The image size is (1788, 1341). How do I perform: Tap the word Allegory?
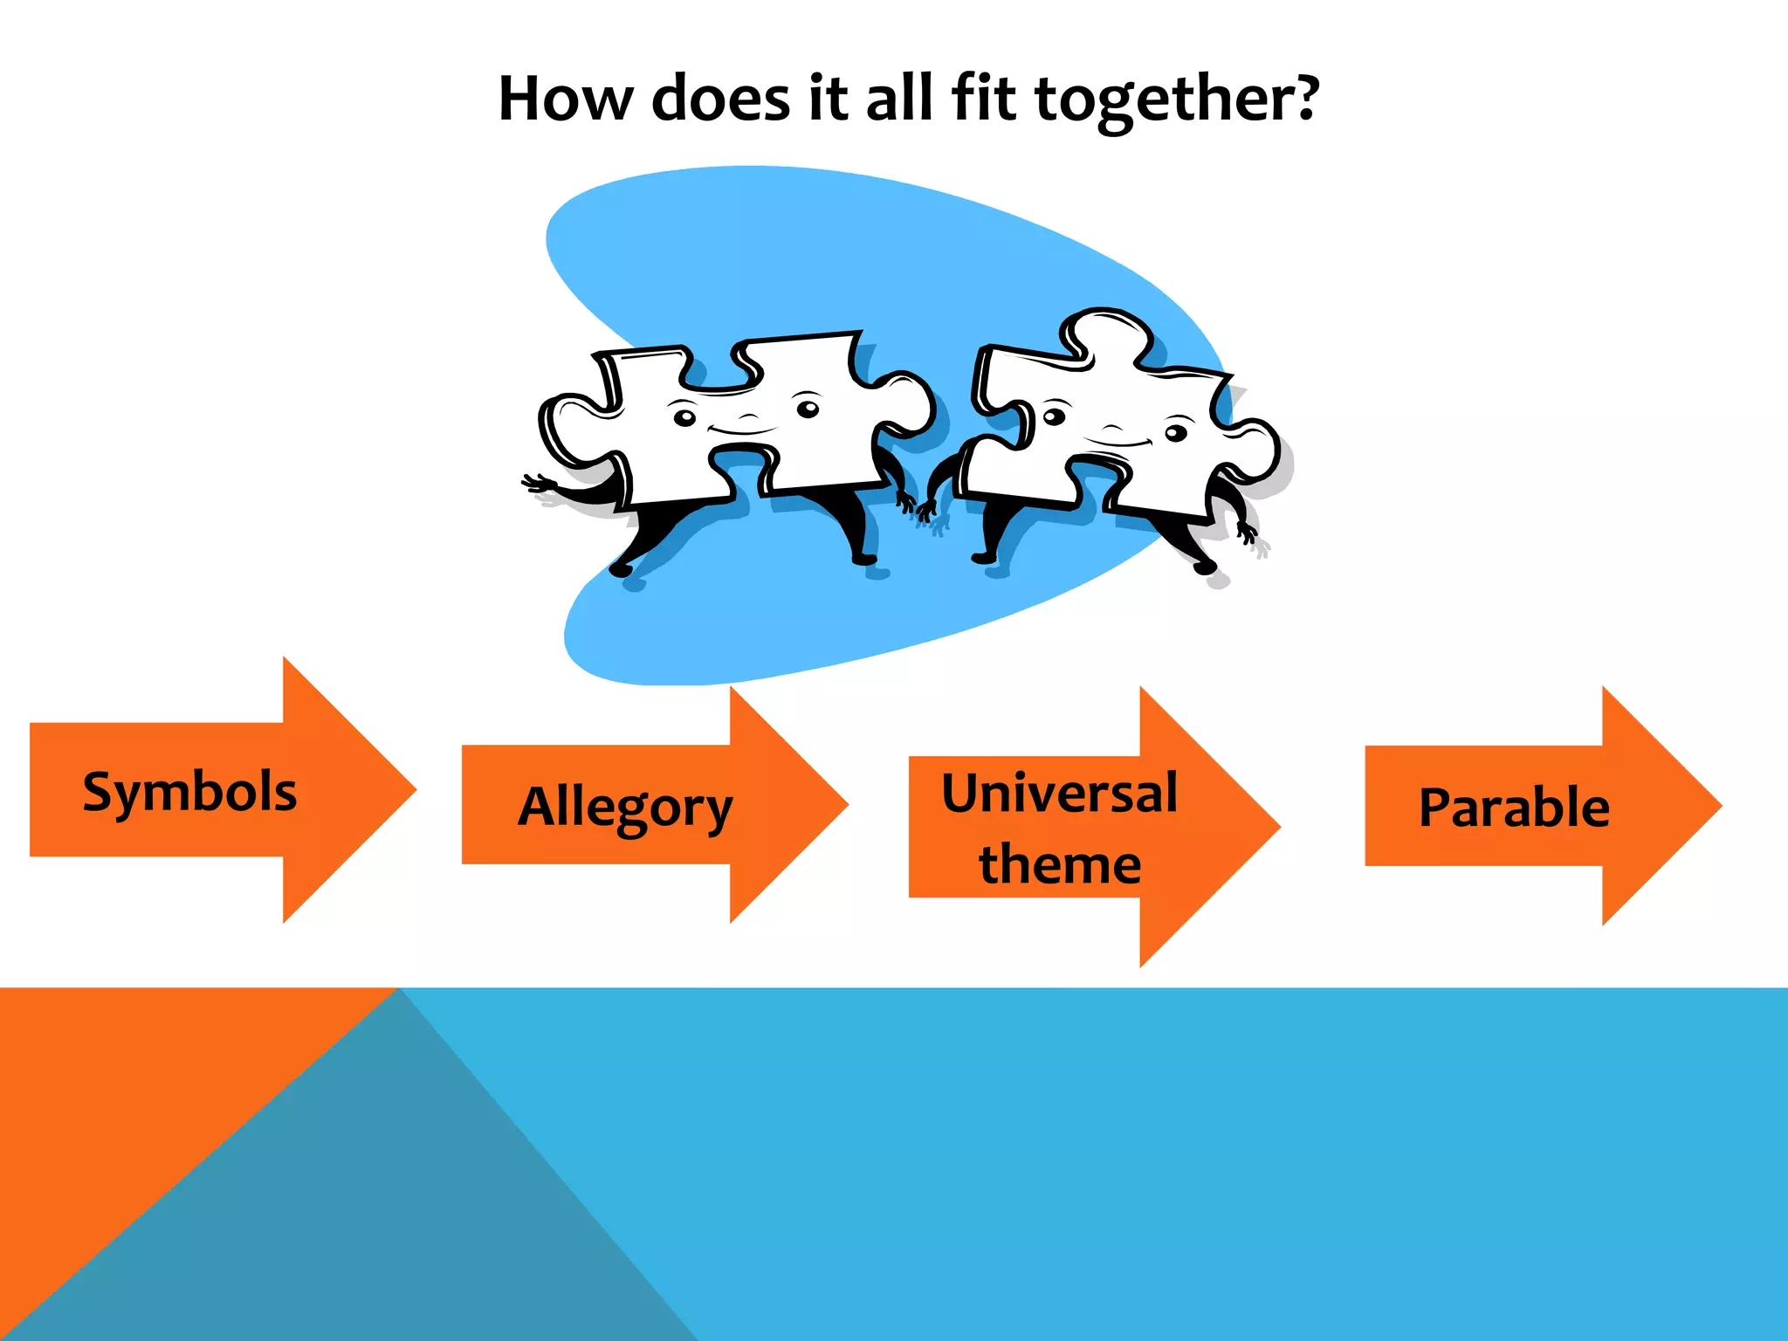pyautogui.click(x=625, y=808)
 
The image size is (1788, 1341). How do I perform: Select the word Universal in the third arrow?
pyautogui.click(x=1059, y=794)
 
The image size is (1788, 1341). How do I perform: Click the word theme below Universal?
pyautogui.click(x=1059, y=864)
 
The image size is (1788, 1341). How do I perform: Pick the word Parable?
pyautogui.click(x=1514, y=808)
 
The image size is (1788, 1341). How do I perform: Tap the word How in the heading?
pyautogui.click(x=565, y=98)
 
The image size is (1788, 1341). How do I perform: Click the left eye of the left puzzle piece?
pyautogui.click(x=685, y=417)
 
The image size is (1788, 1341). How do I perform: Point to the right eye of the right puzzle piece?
pyautogui.click(x=1177, y=433)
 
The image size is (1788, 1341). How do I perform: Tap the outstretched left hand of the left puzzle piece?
pyautogui.click(x=537, y=485)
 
